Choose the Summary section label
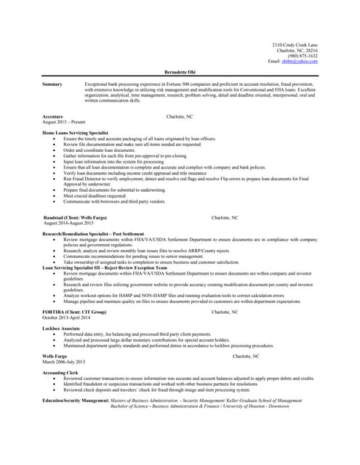52,85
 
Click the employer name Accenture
53,116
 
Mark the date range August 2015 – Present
64,122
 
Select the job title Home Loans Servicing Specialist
76,133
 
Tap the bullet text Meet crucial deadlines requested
95,195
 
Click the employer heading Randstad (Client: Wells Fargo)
75,217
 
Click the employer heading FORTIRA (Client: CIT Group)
74,312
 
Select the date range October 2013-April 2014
66,318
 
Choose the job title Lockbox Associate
62,328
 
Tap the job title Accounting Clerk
60,372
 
